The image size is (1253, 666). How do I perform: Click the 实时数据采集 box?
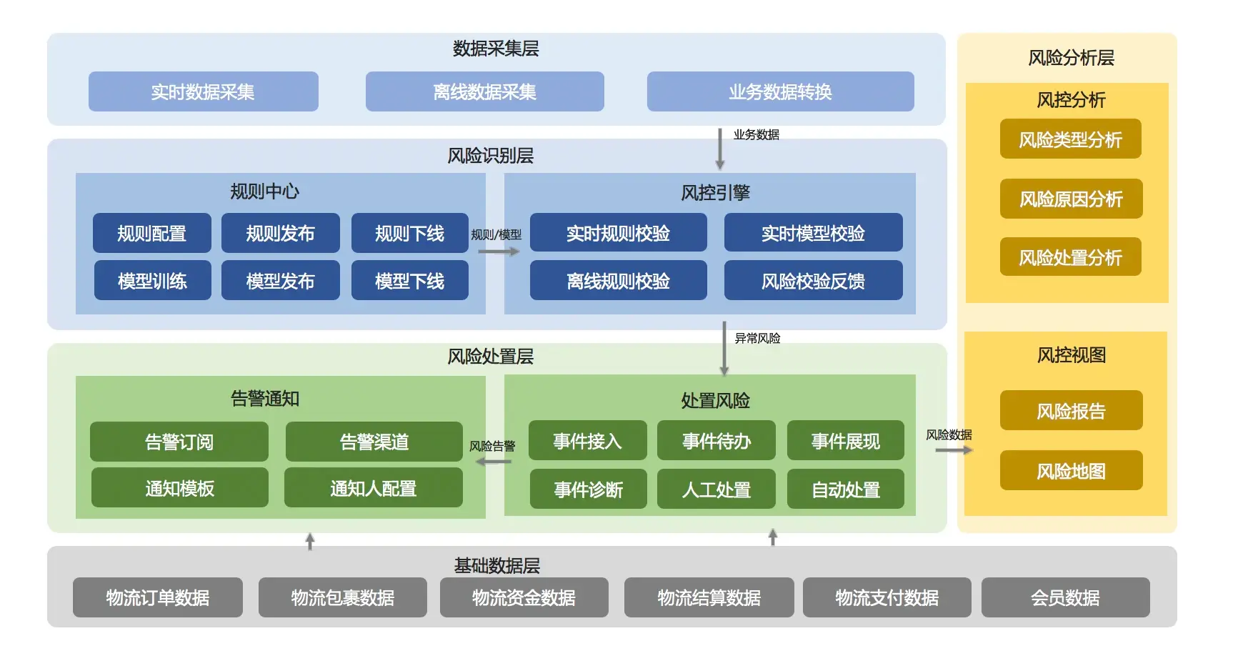[x=203, y=91]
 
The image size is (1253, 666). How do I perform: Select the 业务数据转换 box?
[x=780, y=91]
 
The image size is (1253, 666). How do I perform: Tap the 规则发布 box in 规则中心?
[x=280, y=233]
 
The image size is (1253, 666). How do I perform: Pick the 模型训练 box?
[x=152, y=280]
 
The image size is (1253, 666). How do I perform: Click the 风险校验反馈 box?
[x=813, y=280]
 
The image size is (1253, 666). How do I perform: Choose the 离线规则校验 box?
[x=618, y=280]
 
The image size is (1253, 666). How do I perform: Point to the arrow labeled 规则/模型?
[x=498, y=252]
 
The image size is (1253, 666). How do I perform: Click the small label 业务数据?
[x=756, y=134]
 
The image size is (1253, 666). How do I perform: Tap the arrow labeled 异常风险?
[x=724, y=349]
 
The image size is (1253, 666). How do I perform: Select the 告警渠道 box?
[x=374, y=442]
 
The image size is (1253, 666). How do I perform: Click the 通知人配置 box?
[x=373, y=488]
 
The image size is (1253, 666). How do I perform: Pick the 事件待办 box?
[x=716, y=441]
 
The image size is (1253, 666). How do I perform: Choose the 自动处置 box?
[x=845, y=489]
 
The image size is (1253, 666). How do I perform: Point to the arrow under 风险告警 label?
[x=494, y=462]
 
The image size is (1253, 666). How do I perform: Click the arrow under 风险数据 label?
[x=954, y=450]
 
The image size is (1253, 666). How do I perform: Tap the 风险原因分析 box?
[x=1070, y=199]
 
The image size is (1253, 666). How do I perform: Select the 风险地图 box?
[x=1070, y=470]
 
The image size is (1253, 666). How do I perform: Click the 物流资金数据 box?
[x=524, y=597]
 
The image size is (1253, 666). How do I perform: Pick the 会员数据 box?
[x=1064, y=597]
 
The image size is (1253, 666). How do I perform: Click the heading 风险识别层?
[x=490, y=156]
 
